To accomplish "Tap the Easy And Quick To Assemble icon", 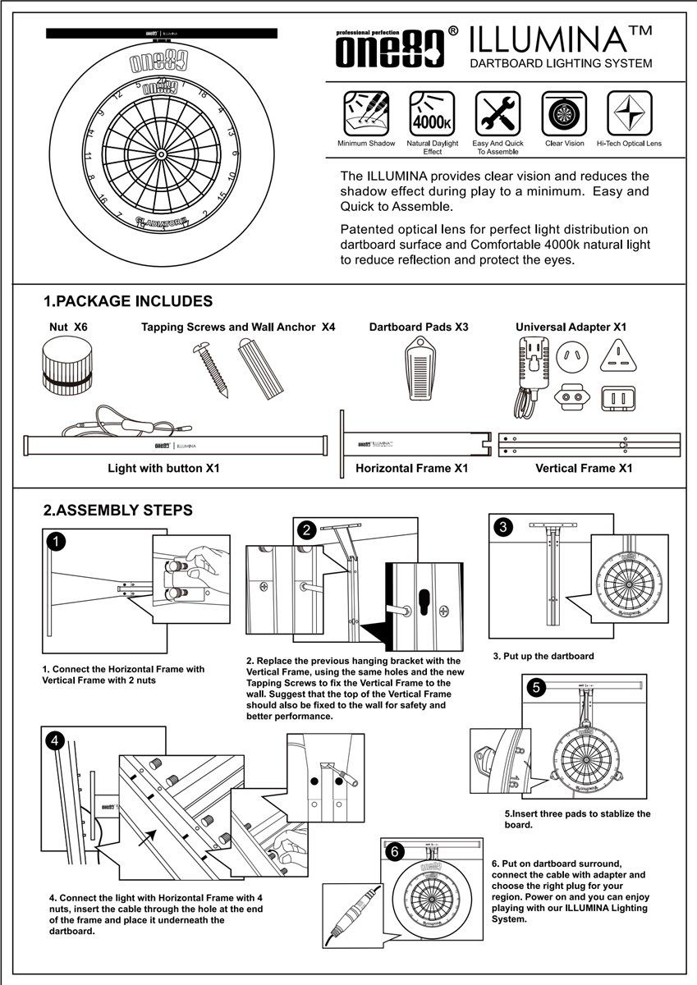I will tap(498, 113).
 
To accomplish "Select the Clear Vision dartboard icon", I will tap(564, 113).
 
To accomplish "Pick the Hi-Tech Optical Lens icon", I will tap(629, 113).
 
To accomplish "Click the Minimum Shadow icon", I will tap(365, 113).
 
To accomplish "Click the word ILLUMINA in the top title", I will tap(560, 40).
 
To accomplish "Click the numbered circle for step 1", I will tap(55, 542).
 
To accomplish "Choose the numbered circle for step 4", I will tap(54, 740).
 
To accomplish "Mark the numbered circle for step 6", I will tap(395, 851).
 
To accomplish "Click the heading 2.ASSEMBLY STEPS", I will tap(118, 511).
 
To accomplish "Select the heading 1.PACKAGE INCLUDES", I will tap(127, 301).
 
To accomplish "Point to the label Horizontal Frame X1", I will tap(411, 469).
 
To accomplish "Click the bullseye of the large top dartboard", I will tap(161, 153).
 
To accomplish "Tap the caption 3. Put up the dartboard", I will tap(543, 656).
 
